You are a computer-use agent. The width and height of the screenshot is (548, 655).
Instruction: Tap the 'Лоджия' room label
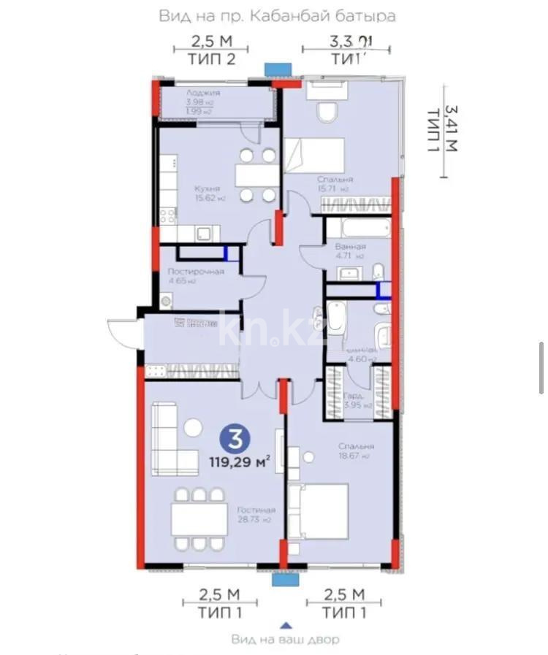pyautogui.click(x=202, y=93)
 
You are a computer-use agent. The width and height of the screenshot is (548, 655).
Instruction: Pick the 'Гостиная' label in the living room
pyautogui.click(x=256, y=510)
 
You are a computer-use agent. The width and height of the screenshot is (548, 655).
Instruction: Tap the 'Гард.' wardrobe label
pyautogui.click(x=354, y=397)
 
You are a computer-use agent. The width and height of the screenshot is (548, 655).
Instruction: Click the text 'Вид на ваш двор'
pyautogui.click(x=286, y=640)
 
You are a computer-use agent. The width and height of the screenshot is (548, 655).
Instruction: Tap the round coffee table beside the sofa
pyautogui.click(x=193, y=427)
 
